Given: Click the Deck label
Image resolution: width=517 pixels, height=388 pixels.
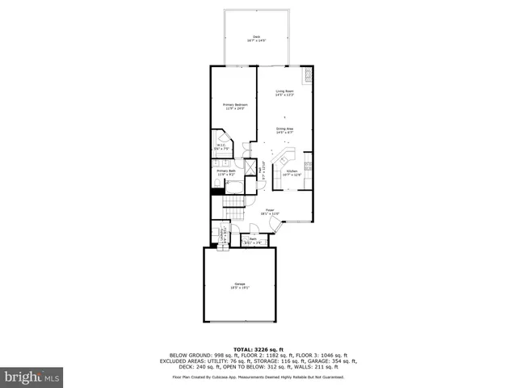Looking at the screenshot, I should click(x=257, y=38).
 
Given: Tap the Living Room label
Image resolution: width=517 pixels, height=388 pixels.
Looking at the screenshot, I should click(x=284, y=93).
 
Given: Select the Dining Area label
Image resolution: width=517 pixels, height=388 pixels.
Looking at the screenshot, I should click(x=284, y=129).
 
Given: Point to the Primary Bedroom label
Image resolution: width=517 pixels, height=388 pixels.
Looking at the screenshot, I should click(x=235, y=106).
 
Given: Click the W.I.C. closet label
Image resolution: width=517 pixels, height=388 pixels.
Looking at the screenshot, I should click(x=221, y=147).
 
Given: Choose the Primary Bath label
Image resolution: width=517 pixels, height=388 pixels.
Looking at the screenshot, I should click(x=226, y=172).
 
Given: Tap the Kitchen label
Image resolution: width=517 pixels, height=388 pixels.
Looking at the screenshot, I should click(x=292, y=172).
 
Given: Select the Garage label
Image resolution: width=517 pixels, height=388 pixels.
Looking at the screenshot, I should click(x=240, y=285).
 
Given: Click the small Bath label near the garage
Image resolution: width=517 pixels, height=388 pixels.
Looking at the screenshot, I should click(x=253, y=239).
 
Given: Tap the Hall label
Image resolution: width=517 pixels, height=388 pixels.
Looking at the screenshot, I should click(x=262, y=171).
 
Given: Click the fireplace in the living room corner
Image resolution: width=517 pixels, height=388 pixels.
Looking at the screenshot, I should click(x=308, y=78).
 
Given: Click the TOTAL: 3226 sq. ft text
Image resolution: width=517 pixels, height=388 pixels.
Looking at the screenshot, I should click(x=258, y=349).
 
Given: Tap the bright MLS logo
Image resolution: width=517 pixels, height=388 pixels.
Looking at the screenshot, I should click(x=32, y=376).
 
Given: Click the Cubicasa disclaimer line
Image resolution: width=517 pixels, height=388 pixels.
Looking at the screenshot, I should click(x=258, y=377).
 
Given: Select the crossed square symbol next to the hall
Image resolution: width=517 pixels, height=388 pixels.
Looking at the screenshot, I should click(x=250, y=169).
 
